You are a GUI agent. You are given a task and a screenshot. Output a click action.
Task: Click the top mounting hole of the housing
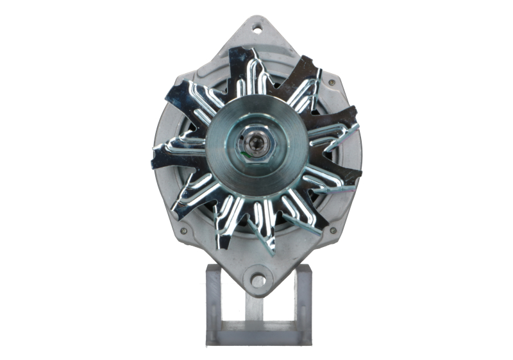coord(257,29)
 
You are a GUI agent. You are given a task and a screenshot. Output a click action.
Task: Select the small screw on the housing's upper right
coord(331,83)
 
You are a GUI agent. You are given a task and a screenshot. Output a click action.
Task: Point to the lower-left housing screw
coord(183,230)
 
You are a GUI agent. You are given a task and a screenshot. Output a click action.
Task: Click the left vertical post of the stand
coord(212,302)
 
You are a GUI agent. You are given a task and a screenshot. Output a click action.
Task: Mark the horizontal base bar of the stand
coord(258,336)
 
